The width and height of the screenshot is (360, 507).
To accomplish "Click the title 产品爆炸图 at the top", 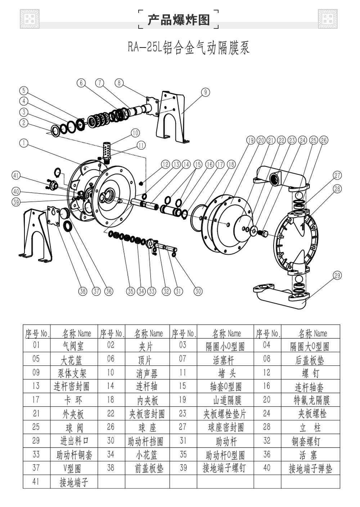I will click(179, 19).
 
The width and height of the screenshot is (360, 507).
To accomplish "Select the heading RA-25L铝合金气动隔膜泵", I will click(188, 48).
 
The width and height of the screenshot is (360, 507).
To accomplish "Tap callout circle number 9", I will click(205, 92).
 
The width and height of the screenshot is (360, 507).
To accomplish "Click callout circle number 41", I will click(16, 175).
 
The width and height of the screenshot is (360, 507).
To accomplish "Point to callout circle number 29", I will click(337, 276).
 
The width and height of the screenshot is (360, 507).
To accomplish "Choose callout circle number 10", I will click(135, 133).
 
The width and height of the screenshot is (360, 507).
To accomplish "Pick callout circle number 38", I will click(83, 291).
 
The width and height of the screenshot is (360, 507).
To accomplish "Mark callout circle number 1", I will click(24, 143).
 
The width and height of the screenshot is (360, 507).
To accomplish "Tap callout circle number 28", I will click(337, 188).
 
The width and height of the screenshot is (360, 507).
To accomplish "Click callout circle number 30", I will click(198, 291).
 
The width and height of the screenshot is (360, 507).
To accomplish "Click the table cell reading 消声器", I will click(147, 373).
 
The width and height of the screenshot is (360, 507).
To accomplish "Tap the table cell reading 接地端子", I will click(74, 482).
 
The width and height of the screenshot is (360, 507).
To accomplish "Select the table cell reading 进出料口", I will click(74, 441).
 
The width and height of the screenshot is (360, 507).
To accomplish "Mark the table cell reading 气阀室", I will click(73, 346).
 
